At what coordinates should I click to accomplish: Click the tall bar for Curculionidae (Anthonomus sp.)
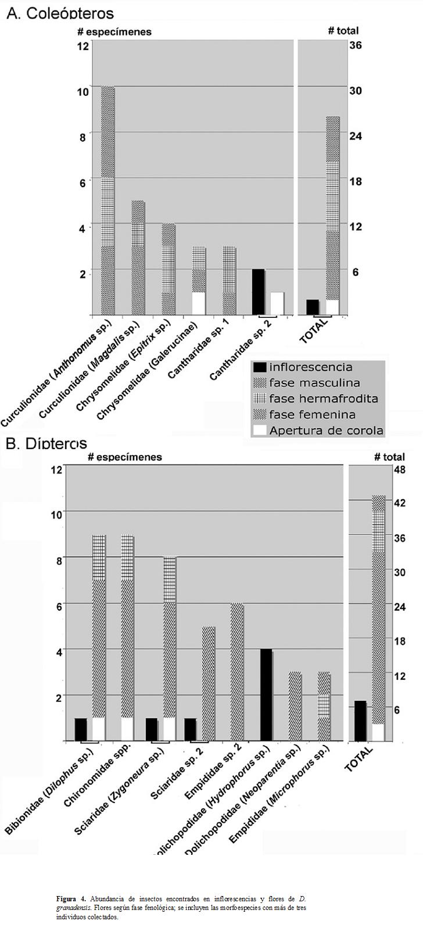click(x=107, y=200)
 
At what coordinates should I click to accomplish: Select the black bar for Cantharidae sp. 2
click(x=258, y=292)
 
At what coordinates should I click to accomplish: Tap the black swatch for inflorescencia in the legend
click(x=260, y=367)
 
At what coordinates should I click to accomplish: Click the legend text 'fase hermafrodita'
click(x=323, y=399)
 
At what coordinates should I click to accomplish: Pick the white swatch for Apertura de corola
click(x=260, y=430)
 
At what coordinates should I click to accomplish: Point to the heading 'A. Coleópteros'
click(x=60, y=13)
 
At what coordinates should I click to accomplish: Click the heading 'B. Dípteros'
click(x=46, y=443)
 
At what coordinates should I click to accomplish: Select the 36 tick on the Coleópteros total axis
click(x=356, y=45)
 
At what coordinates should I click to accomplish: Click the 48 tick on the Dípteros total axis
click(x=399, y=469)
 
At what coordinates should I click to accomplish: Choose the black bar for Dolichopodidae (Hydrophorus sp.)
click(x=266, y=695)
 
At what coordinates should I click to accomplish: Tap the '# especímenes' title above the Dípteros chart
click(x=125, y=457)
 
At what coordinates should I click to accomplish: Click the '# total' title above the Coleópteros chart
click(x=343, y=30)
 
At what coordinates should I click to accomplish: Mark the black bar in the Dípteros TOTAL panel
click(x=360, y=721)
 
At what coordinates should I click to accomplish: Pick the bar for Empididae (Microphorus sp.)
click(x=324, y=706)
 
